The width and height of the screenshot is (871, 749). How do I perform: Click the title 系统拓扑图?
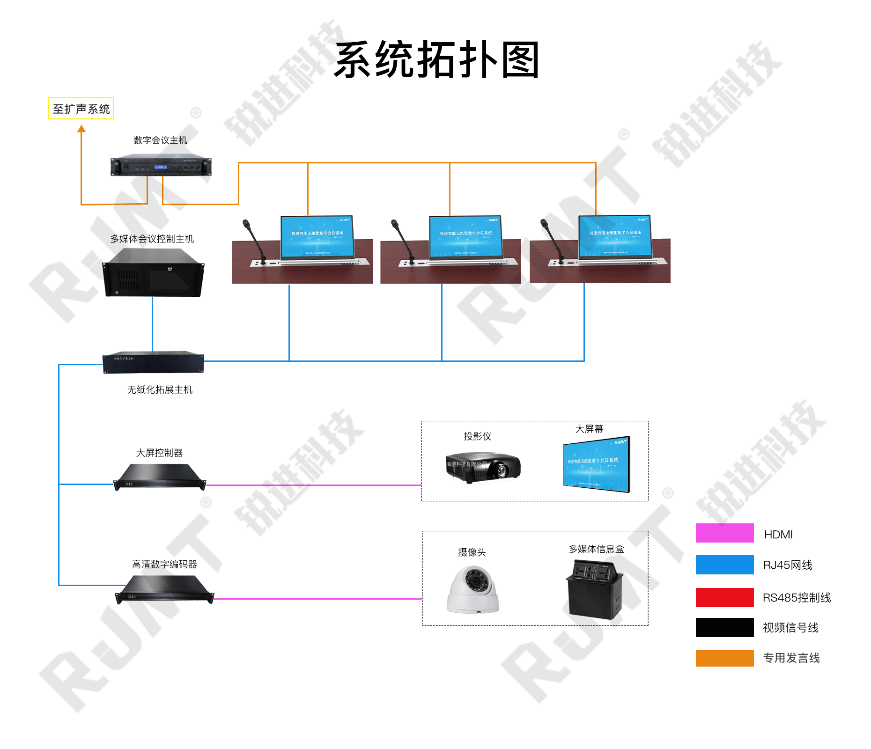coord(436,60)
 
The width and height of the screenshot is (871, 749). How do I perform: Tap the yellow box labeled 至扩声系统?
coord(81,109)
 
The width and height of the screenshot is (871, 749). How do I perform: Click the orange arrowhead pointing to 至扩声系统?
coord(81,129)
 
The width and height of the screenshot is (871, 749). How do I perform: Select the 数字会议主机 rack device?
coord(161,165)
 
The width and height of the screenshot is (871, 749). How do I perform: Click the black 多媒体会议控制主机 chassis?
coord(154,273)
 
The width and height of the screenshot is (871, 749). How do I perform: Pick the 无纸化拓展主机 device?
coord(153,362)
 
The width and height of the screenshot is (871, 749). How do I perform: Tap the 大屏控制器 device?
coord(160,477)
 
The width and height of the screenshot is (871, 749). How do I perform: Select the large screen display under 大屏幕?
coord(597,464)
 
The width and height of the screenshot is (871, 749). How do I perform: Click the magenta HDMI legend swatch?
coord(724,533)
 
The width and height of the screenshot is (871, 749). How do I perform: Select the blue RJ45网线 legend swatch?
coord(724,565)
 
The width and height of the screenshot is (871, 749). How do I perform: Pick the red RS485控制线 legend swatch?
coord(724,597)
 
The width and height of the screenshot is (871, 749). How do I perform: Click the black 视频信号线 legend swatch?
coord(724,627)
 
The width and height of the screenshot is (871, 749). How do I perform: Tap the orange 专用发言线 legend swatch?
coord(724,658)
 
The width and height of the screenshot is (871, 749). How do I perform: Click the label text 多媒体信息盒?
coord(596,549)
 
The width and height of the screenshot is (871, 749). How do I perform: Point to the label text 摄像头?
coord(472,552)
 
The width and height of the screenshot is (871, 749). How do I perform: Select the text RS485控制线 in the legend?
coord(797,598)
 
